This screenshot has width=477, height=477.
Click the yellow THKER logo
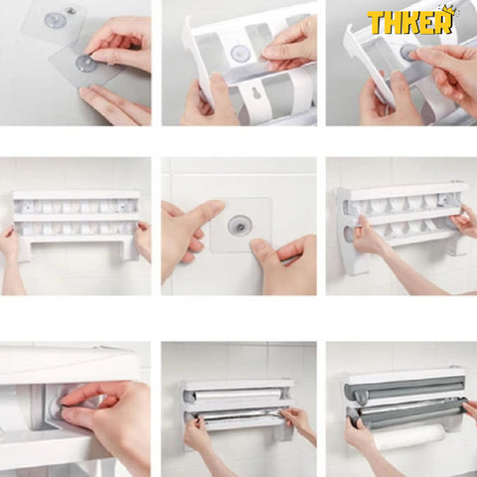pos(410,21)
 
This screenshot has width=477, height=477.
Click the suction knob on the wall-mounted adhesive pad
pos(239,226)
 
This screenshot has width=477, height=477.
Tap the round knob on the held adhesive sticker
pos(86,64)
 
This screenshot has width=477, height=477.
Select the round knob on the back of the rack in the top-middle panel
pos(239,53)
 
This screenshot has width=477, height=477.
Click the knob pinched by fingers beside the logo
pos(408,52)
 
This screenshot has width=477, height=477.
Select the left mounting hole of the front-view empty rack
pos(29,208)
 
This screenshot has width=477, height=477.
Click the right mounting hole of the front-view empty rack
pos(123,207)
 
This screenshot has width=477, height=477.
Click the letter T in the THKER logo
pos(376,23)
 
